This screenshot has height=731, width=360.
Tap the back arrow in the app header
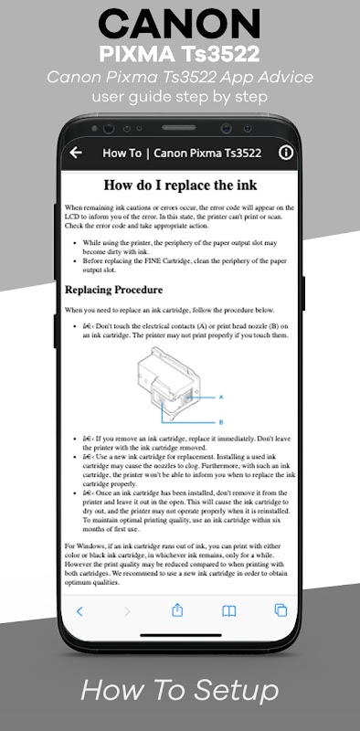coord(76,153)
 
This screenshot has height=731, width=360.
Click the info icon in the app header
coord(286,153)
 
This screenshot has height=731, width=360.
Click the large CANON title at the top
coord(179,26)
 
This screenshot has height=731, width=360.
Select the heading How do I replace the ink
coord(180,185)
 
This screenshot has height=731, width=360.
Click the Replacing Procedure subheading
coord(114,290)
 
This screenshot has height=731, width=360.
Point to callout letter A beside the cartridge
coord(221,397)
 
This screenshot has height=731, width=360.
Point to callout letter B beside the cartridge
coord(221,422)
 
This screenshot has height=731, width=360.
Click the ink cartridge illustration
coord(169,383)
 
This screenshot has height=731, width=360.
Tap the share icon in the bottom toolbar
coord(177,610)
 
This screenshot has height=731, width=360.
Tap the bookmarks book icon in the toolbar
coord(228,611)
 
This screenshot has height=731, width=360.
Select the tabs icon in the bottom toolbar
coord(281,610)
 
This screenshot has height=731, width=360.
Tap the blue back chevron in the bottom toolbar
coord(79,611)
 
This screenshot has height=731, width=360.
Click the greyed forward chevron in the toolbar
coord(127,611)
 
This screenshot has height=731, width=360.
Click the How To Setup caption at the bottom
coord(179,691)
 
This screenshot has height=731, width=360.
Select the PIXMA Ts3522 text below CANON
coord(179,55)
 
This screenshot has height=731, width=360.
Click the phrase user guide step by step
coord(179,97)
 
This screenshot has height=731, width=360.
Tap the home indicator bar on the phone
coord(180,635)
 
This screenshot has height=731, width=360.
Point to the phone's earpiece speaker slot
coord(179,127)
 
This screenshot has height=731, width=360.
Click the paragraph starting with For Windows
coord(179,564)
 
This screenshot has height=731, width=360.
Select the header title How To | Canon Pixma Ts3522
coord(182,153)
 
